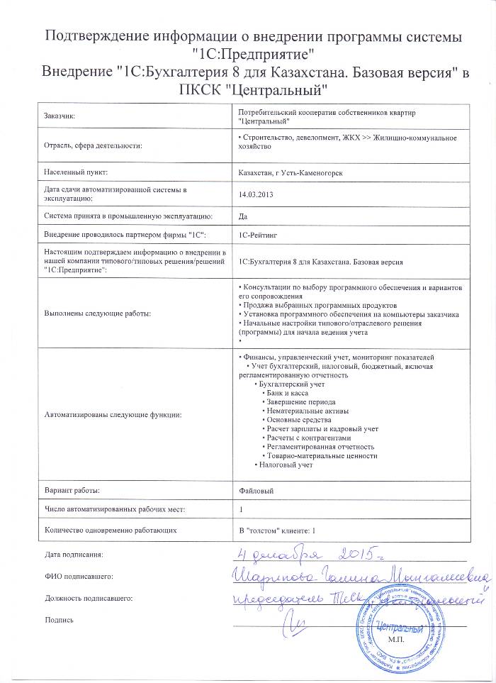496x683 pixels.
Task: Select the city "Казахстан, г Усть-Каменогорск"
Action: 292,172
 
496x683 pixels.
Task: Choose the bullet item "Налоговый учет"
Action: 285,465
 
